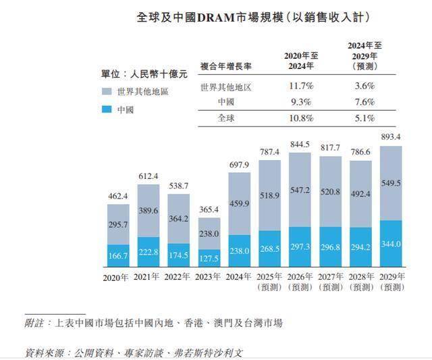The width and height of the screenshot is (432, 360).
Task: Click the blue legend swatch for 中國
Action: pos(107,109)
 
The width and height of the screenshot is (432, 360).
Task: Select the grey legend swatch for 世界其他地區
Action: pos(107,91)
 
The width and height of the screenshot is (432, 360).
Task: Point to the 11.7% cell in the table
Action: pos(301,86)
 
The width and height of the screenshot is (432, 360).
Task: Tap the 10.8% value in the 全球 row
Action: pos(301,118)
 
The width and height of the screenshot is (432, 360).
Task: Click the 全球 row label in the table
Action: pos(227,118)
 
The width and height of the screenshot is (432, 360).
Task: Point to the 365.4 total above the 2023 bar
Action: pos(209,210)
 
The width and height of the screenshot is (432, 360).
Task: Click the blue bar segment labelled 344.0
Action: pos(391,243)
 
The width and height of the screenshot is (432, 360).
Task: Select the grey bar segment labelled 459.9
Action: pos(239,203)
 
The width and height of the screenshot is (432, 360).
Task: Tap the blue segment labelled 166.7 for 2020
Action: pos(117,255)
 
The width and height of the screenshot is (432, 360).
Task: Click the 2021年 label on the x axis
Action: pos(148,278)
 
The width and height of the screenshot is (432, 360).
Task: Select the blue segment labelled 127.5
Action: pos(209,258)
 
